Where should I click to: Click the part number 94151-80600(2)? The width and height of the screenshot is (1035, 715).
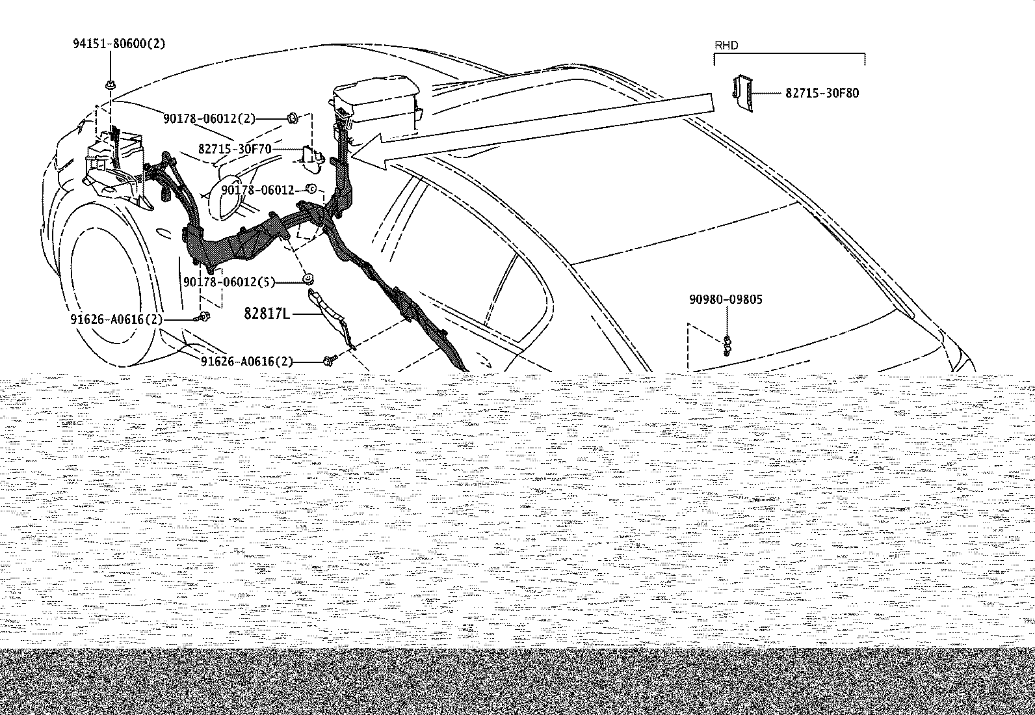[x=119, y=44]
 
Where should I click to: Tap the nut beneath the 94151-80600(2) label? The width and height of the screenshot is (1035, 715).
[x=111, y=85]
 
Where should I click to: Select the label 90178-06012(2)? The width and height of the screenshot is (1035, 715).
[x=209, y=119]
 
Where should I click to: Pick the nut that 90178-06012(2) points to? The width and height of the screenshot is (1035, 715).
[x=293, y=119]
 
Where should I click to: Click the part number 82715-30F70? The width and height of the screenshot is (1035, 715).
[x=235, y=149]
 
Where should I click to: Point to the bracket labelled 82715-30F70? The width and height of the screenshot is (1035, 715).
[x=312, y=159]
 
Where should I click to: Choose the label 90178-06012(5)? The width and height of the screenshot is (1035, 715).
[x=229, y=282]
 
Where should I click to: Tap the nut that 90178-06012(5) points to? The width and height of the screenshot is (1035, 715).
[x=308, y=279]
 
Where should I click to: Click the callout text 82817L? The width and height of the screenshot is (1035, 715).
[x=267, y=314]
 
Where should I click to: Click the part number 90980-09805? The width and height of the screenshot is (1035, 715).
[x=726, y=299]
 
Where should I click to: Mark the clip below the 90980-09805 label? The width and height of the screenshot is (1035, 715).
[x=727, y=346]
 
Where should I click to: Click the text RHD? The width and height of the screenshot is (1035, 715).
[x=726, y=46]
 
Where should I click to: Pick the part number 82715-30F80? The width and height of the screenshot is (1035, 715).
[x=822, y=94]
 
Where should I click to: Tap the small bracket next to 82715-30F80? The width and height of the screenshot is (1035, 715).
[x=742, y=92]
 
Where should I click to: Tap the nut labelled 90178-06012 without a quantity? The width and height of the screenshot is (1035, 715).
[x=311, y=189]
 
